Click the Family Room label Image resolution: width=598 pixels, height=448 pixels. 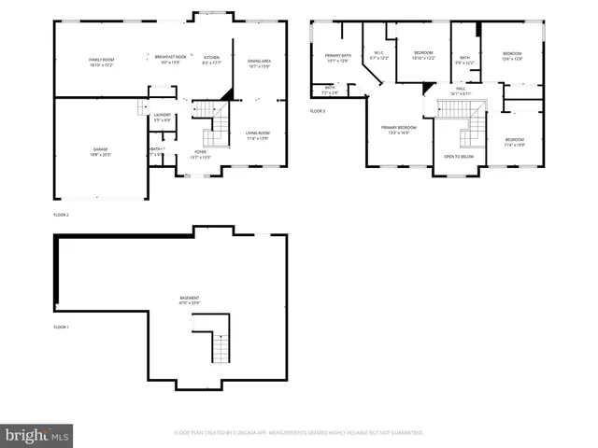pyautogui.click(x=100, y=61)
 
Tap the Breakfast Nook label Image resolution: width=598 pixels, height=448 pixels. pyautogui.click(x=168, y=61)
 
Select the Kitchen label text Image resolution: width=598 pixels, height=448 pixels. pyautogui.click(x=212, y=61)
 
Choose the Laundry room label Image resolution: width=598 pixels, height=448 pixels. pyautogui.click(x=163, y=117)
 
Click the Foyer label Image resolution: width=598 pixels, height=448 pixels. pyautogui.click(x=200, y=154)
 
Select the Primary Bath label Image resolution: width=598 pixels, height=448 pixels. pyautogui.click(x=338, y=59)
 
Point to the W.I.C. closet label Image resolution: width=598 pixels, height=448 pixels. pyautogui.click(x=378, y=56)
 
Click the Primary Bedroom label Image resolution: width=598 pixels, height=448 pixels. pyautogui.click(x=398, y=129)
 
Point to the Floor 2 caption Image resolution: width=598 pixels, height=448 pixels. pyautogui.click(x=62, y=215)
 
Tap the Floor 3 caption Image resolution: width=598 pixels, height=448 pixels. pyautogui.click(x=318, y=111)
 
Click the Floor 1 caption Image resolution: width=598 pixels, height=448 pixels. pyautogui.click(x=62, y=327)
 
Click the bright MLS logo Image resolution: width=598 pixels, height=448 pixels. pyautogui.click(x=36, y=436)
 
